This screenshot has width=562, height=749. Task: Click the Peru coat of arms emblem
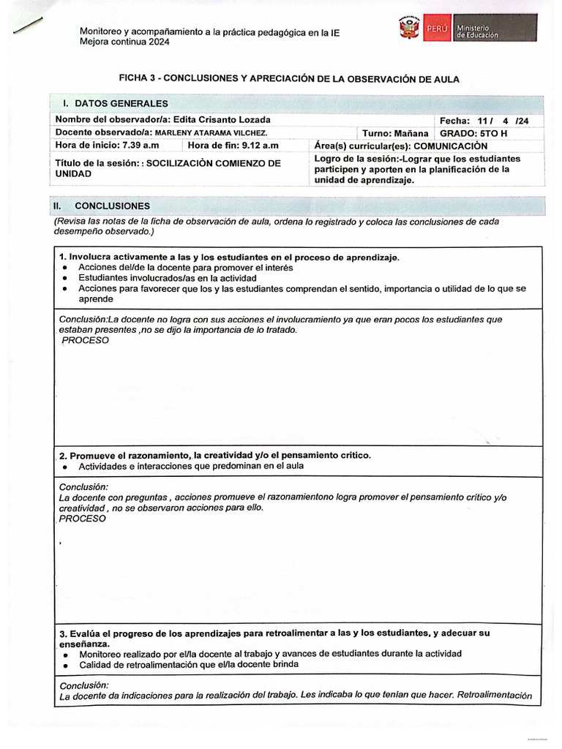[x=408, y=30]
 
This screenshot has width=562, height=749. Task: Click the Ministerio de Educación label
[x=476, y=31]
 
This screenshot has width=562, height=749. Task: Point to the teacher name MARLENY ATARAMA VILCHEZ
[x=211, y=132]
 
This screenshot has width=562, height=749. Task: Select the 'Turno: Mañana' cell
[x=395, y=133]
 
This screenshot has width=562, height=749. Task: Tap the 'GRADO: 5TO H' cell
[x=473, y=133]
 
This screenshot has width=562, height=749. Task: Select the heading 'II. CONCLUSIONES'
[x=102, y=206]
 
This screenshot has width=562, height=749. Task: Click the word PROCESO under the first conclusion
[x=85, y=341]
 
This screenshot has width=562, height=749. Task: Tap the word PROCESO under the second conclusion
[x=82, y=519]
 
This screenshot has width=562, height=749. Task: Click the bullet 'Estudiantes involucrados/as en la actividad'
[x=167, y=279]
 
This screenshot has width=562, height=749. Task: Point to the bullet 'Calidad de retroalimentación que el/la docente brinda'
[x=189, y=664]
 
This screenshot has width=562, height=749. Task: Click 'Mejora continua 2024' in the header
[x=124, y=42]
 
